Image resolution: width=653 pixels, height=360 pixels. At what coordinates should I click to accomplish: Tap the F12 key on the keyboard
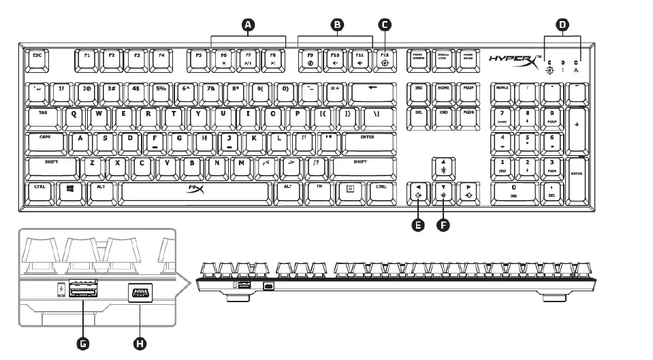(x=385, y=59)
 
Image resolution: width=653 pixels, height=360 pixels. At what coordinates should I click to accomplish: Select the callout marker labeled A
(x=248, y=24)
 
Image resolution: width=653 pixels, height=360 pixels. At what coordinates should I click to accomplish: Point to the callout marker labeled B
(x=335, y=24)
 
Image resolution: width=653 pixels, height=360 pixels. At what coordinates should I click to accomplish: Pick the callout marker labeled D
(x=562, y=24)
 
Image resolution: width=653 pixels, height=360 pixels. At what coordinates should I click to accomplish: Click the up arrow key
(x=443, y=166)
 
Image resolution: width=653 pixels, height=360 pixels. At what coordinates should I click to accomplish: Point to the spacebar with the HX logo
(x=195, y=191)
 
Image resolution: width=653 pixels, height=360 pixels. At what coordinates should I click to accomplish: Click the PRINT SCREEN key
(x=417, y=59)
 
